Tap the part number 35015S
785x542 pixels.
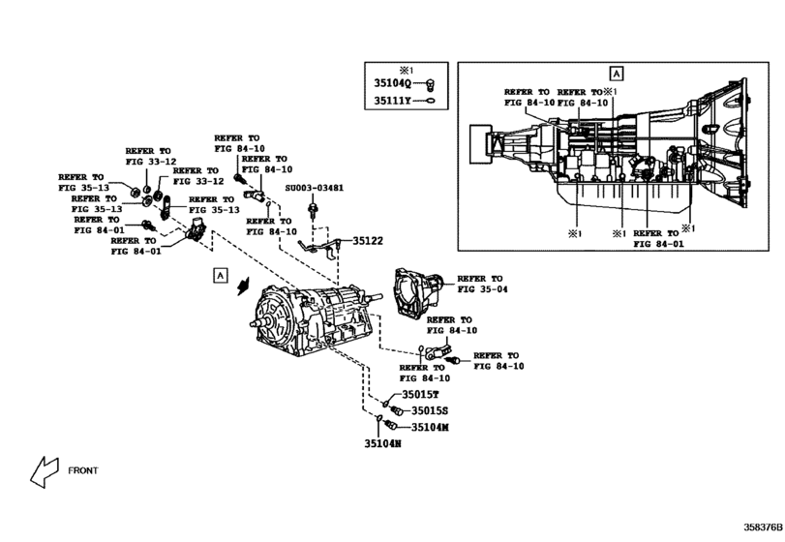[x=429, y=411]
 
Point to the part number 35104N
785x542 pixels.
[x=383, y=444]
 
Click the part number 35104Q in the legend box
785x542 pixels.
[x=393, y=84]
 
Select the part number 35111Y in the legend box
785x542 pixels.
[x=393, y=100]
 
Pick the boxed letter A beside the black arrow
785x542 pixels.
[x=221, y=277]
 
